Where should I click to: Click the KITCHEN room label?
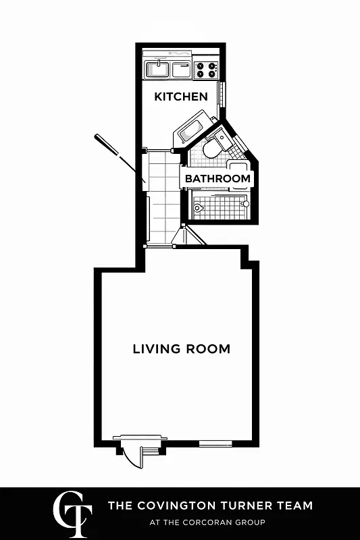pos(181,97)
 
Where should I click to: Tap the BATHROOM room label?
pos(217,179)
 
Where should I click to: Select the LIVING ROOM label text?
pos(181,349)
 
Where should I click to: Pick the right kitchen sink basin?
pos(181,69)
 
